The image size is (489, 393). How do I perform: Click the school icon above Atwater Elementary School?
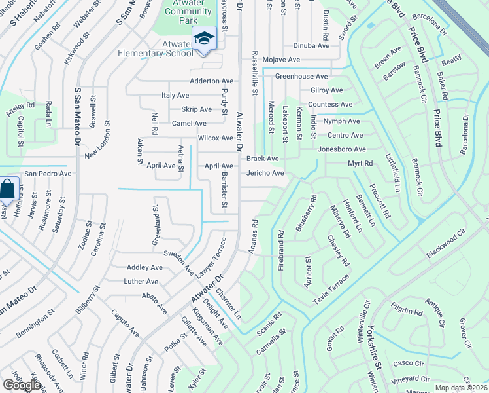[x=204, y=39]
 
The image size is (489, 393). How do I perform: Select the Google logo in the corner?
[x=22, y=384]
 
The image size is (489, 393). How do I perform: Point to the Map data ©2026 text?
[x=462, y=388]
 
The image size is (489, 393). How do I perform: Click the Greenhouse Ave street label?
[x=301, y=77]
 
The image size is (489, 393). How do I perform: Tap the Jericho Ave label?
[x=265, y=173]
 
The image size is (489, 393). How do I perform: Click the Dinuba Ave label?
[x=311, y=46]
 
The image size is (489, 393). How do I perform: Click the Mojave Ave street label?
[x=281, y=60]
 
